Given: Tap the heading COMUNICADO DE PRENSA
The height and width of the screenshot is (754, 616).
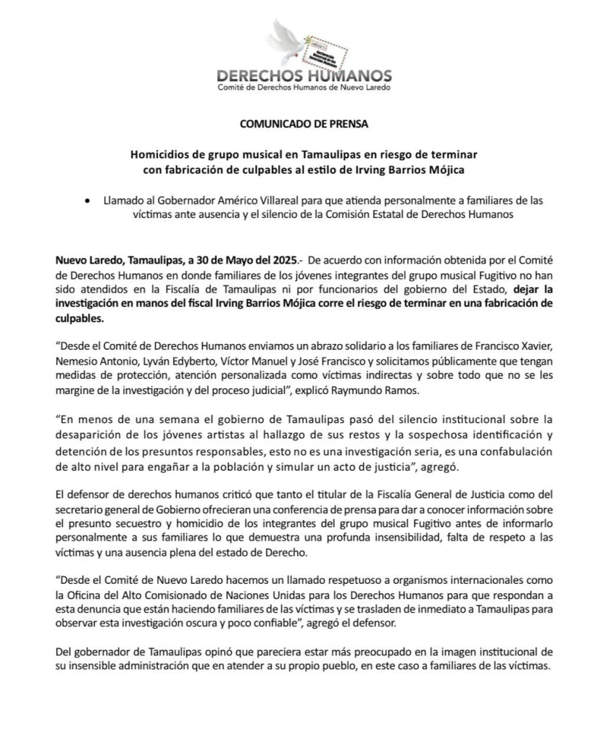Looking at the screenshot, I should [304, 123].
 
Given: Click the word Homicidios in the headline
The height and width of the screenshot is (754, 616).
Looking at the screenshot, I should [161, 155].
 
